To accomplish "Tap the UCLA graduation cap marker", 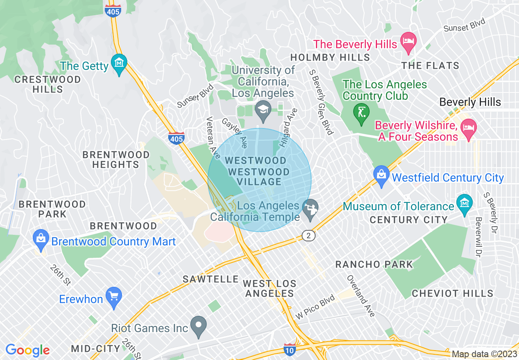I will [x=262, y=109].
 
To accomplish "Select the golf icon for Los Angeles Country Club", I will [x=361, y=112].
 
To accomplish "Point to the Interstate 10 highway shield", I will [x=290, y=349].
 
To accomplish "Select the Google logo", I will [x=27, y=350].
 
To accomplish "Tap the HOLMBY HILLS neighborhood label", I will [x=330, y=57].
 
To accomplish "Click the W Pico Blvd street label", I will [x=315, y=307].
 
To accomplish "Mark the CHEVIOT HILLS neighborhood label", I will [x=452, y=293].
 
